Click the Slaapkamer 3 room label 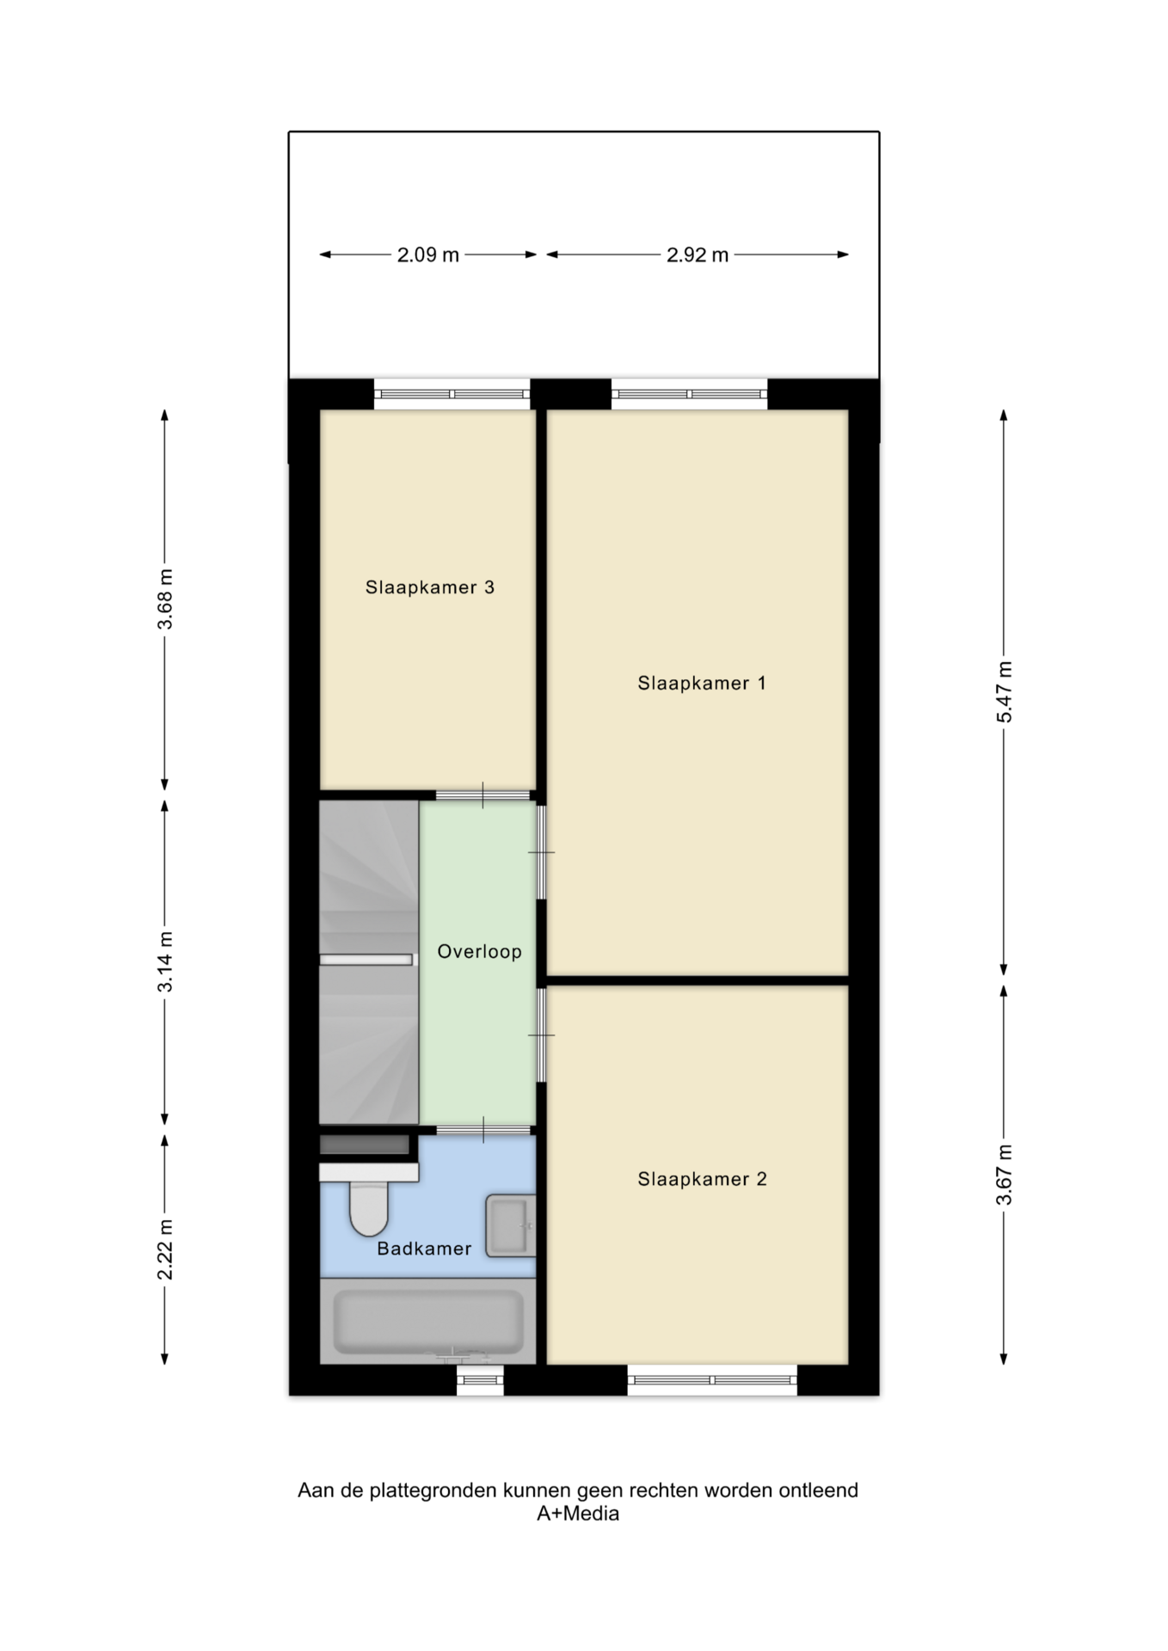429,587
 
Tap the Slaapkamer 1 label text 701,683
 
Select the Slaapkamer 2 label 702,1179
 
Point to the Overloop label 479,951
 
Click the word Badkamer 424,1249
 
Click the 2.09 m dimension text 427,255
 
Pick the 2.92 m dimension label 698,255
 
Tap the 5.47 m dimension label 1004,692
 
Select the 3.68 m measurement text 165,599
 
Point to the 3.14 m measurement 165,962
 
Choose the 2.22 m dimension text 165,1249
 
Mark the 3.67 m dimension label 1004,1175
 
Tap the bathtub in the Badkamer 428,1321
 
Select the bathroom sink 510,1225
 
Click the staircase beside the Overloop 369,962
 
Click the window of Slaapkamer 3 452,394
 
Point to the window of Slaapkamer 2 712,1380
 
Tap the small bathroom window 480,1380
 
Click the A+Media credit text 578,1514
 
